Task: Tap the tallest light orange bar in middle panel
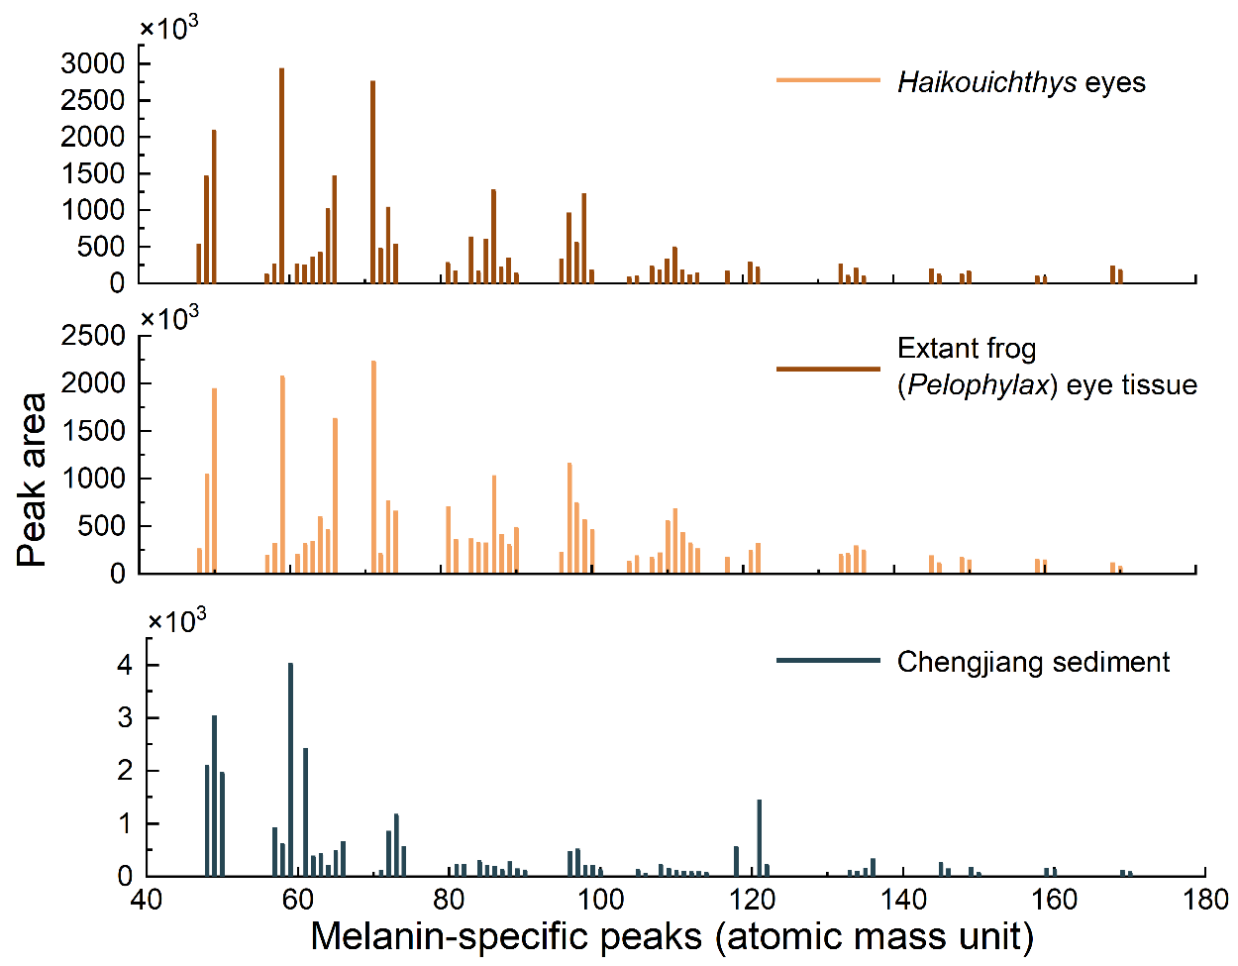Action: [x=373, y=466]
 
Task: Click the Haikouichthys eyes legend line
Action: [x=828, y=80]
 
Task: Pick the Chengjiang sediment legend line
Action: [x=828, y=661]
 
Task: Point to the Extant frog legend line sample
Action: [x=828, y=369]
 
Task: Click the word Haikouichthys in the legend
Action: [x=986, y=82]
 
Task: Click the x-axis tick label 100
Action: [x=600, y=900]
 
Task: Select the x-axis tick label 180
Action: [x=1204, y=900]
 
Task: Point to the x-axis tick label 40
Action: [x=147, y=900]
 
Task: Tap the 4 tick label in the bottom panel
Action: [x=125, y=666]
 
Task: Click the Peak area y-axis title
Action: [x=33, y=481]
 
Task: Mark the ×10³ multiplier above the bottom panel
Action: [x=177, y=621]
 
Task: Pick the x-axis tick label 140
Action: [x=902, y=900]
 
